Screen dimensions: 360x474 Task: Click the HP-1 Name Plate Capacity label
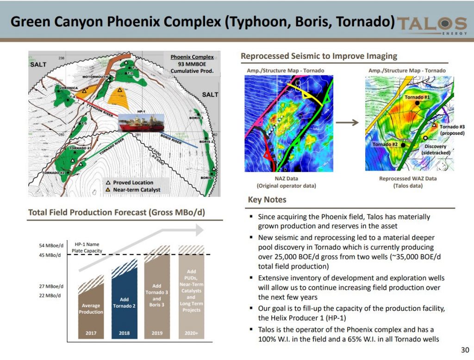pyautogui.click(x=87, y=247)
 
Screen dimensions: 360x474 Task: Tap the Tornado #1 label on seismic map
pyautogui.click(x=418, y=98)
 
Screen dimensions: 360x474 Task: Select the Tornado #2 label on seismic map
pyautogui.click(x=385, y=145)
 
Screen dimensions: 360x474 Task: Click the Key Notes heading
pyautogui.click(x=267, y=200)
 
